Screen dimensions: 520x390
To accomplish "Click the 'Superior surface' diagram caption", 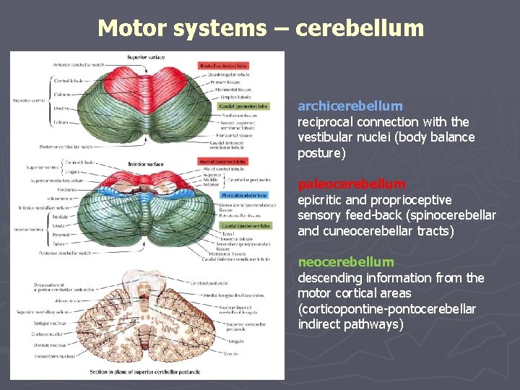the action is click(x=146, y=57).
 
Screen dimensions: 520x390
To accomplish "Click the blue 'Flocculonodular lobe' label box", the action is click(x=244, y=195).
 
